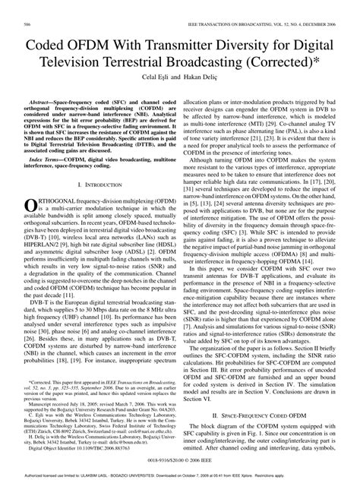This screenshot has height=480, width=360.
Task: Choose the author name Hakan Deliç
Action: tap(203, 77)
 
